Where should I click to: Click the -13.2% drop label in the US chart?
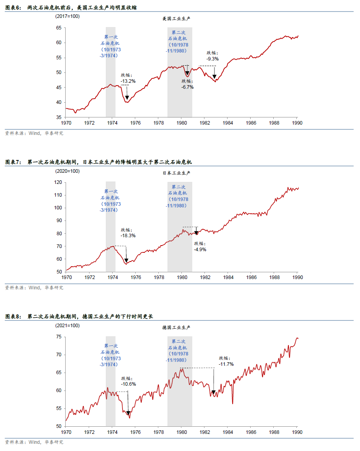(x=128, y=81)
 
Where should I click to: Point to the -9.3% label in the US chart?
(x=212, y=59)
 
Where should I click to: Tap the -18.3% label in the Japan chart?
(x=128, y=235)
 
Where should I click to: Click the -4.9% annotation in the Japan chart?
(x=200, y=250)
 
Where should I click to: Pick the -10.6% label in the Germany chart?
(x=128, y=384)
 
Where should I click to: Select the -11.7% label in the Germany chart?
(x=226, y=364)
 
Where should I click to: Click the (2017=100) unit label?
(x=67, y=16)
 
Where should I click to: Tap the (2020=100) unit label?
(x=67, y=171)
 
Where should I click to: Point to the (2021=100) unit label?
(x=67, y=326)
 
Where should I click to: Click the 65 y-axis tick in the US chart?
(x=58, y=28)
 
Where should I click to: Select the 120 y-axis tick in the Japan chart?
(x=57, y=182)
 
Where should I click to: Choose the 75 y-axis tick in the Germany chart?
(x=58, y=337)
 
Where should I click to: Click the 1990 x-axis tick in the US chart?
(x=297, y=123)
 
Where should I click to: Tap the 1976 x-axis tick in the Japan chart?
(x=136, y=277)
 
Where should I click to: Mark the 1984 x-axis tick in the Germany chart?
(x=228, y=432)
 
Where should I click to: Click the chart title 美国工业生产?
(x=177, y=19)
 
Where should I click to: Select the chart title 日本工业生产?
(x=177, y=173)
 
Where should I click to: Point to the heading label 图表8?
(x=14, y=316)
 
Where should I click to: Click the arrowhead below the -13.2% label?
(x=127, y=97)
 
